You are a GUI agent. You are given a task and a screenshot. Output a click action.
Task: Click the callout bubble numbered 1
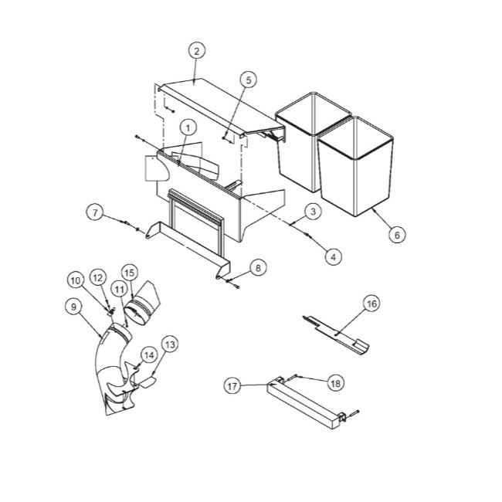tap(188, 128)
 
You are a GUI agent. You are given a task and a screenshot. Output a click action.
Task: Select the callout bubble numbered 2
tap(197, 51)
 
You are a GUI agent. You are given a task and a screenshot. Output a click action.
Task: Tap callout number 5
tap(249, 80)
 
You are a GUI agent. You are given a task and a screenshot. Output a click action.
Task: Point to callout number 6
tap(397, 235)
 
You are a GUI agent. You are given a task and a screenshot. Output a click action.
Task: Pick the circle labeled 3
tap(313, 212)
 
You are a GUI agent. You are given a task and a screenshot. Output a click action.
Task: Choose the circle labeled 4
tap(334, 256)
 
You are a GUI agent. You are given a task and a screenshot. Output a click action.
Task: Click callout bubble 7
tap(95, 212)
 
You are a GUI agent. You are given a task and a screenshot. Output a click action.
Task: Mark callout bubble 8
tap(258, 268)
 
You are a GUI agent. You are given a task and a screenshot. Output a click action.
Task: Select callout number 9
tap(73, 307)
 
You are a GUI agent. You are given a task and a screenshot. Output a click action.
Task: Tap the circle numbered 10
tap(76, 281)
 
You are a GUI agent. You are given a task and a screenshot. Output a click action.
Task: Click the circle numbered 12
tap(97, 278)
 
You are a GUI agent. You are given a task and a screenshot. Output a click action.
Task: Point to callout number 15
tap(129, 273)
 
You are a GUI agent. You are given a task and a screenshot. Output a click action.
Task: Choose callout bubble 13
tap(170, 344)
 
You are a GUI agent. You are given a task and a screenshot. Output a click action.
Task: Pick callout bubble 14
tap(149, 355)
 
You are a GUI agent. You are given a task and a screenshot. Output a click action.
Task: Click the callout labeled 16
tap(371, 304)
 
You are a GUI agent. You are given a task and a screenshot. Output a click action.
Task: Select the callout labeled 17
tap(232, 386)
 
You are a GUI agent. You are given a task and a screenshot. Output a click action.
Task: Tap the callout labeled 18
tap(335, 383)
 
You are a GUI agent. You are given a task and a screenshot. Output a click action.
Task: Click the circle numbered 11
tap(119, 290)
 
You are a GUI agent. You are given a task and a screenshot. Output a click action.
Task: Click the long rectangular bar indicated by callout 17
tap(304, 402)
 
